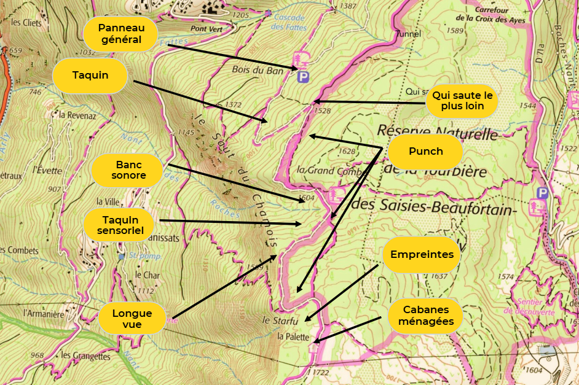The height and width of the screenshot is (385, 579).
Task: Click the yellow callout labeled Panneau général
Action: pos(120,34)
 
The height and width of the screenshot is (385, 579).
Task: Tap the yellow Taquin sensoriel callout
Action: pos(120,224)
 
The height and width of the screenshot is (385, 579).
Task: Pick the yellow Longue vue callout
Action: pos(132,318)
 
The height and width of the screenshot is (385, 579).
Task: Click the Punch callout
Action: pos(425,152)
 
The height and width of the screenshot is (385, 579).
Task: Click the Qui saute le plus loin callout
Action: pos(462,101)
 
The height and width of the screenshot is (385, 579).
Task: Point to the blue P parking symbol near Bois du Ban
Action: pos(303,77)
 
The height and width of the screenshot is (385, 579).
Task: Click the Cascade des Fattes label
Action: pos(289,23)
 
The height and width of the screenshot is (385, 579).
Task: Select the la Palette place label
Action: pos(293,336)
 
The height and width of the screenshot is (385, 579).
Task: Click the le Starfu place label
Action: pos(280,321)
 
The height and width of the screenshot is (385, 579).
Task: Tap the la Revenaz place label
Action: pos(79,114)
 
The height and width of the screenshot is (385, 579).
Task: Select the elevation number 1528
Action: pos(321,111)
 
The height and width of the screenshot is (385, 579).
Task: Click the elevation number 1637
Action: pos(439,276)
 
